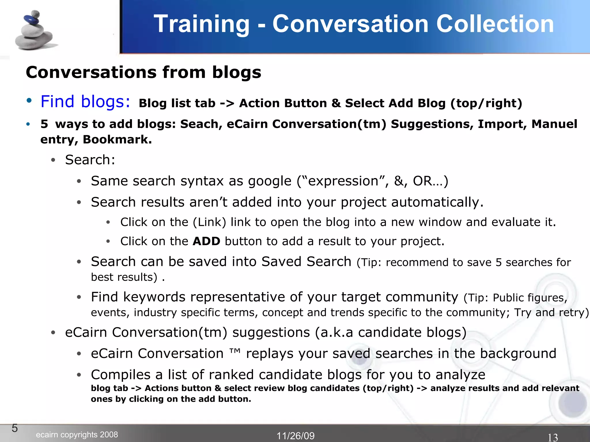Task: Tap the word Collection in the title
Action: [x=495, y=24]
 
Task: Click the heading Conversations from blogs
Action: [x=143, y=72]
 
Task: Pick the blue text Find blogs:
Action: [x=85, y=102]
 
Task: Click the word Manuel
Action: [x=554, y=124]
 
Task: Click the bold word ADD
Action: [x=206, y=241]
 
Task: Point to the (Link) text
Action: [x=209, y=222]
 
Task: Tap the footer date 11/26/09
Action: [x=296, y=436]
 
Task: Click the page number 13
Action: [x=553, y=437]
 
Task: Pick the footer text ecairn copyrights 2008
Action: [x=77, y=435]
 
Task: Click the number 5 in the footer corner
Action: [x=15, y=428]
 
